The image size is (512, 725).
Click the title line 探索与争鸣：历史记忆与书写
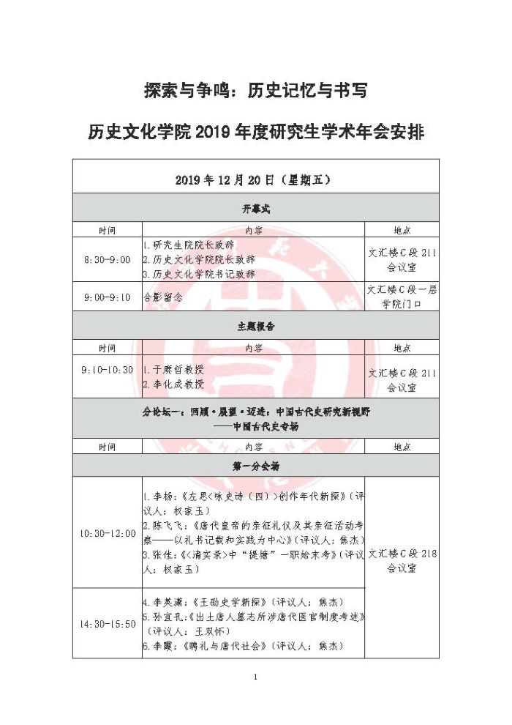tap(255, 92)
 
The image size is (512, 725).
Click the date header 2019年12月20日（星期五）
tap(255, 177)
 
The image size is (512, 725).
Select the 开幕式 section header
tap(255, 209)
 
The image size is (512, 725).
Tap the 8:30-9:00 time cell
tap(107, 259)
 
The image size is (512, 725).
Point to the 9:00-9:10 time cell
tap(107, 297)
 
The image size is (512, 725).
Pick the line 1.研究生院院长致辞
tap(189, 245)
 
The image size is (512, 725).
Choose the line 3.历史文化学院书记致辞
tap(199, 274)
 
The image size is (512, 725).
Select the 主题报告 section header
tap(255, 327)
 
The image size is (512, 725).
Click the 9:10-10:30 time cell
tap(107, 371)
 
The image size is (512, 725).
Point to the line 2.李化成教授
tap(173, 384)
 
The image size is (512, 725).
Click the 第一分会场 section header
tap(255, 465)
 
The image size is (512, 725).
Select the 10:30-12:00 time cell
tap(107, 533)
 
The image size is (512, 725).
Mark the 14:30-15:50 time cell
tap(107, 624)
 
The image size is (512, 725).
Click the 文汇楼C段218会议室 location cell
tap(402, 561)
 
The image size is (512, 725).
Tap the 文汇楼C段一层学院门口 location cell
tap(402, 297)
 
